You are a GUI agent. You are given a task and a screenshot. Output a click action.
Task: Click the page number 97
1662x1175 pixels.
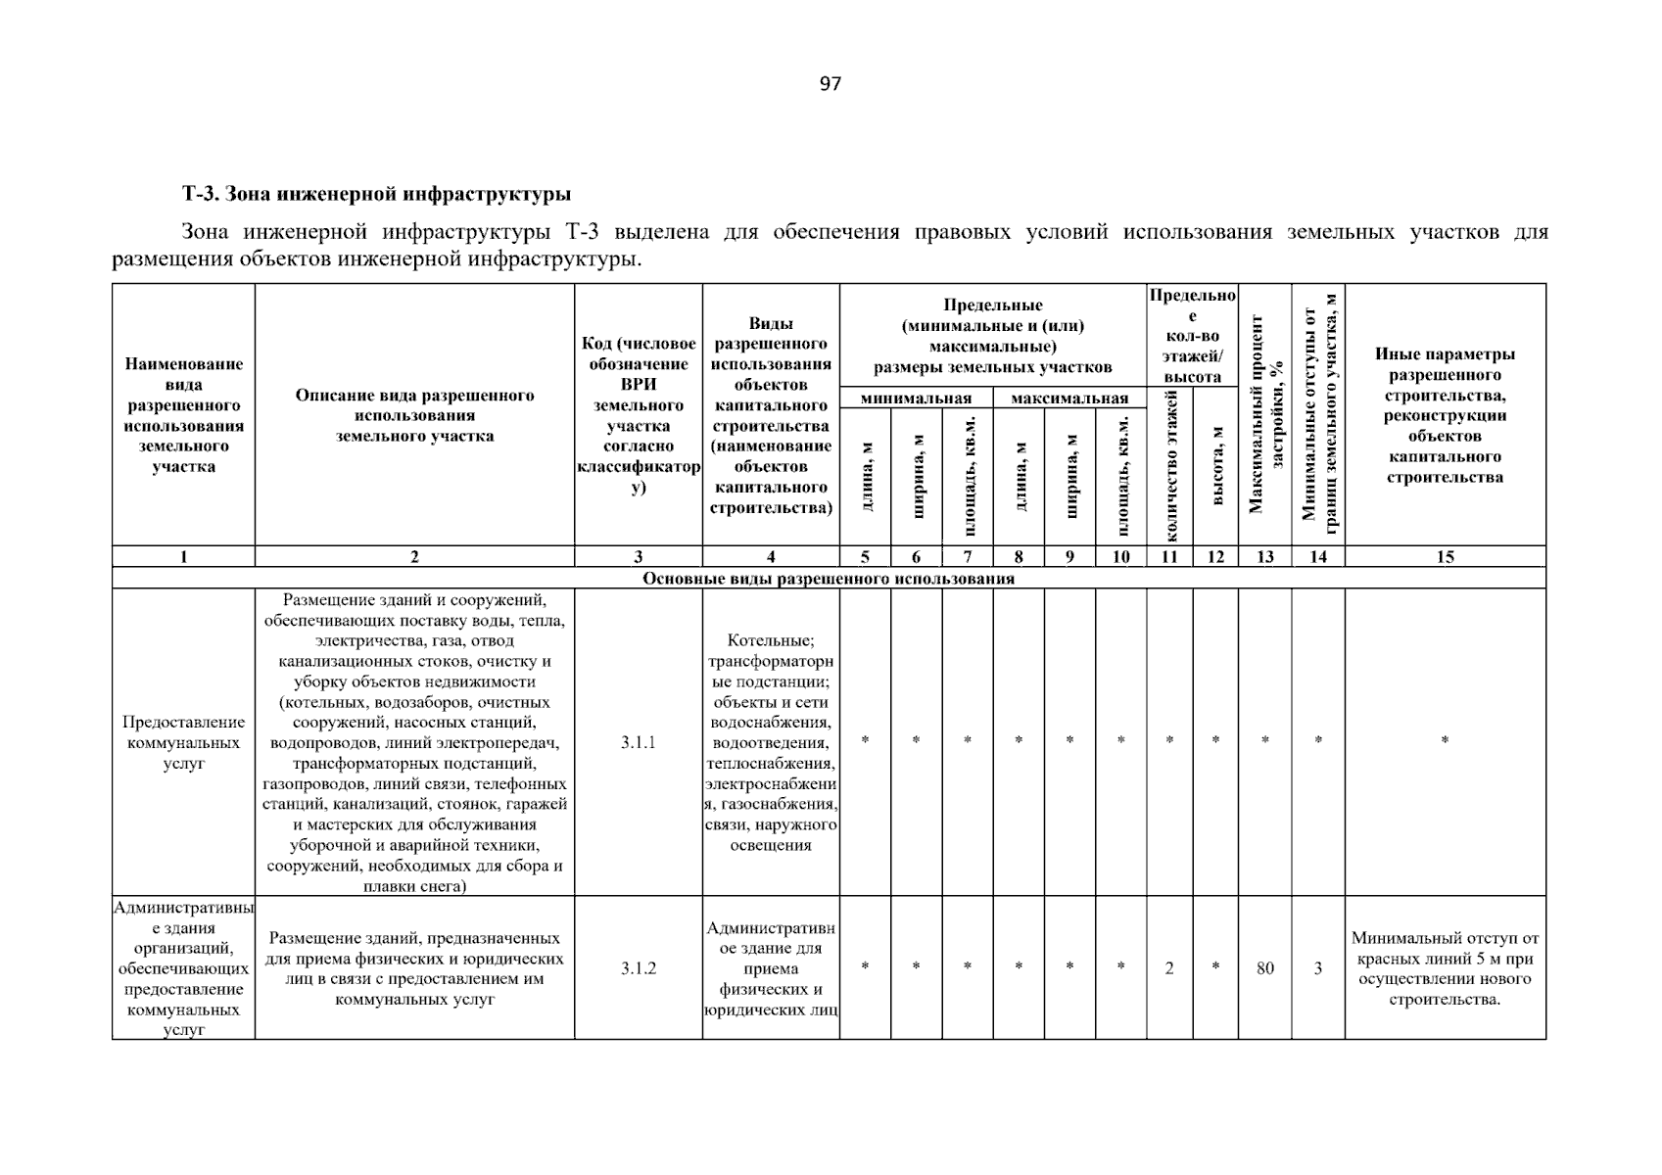click(x=830, y=84)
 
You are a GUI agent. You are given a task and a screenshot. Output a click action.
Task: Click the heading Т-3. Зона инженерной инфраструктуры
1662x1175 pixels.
click(x=377, y=194)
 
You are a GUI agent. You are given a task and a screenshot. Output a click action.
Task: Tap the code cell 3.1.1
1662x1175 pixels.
click(x=638, y=742)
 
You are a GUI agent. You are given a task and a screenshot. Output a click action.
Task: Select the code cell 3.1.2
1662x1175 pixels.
click(x=638, y=968)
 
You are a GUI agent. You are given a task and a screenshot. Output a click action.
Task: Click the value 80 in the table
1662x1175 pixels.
click(x=1265, y=968)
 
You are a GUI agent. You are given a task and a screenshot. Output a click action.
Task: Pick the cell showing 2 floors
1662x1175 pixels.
click(x=1169, y=968)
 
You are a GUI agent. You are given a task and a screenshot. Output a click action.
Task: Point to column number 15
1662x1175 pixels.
click(x=1445, y=557)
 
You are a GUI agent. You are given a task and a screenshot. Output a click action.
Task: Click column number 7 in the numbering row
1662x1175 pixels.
click(x=968, y=557)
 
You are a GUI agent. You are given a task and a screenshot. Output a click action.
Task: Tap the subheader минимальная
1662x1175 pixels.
click(x=916, y=399)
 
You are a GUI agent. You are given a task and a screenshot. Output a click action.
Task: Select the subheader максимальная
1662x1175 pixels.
click(x=1069, y=399)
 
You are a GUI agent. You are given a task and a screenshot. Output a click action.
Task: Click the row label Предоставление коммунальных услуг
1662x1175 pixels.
click(x=183, y=742)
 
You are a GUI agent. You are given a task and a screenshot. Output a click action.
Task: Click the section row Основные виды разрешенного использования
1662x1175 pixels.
click(x=828, y=579)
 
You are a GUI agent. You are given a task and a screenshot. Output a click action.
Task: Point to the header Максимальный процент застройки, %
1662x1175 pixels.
click(x=1265, y=414)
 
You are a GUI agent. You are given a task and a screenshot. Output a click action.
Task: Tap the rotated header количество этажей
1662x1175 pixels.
click(x=1169, y=465)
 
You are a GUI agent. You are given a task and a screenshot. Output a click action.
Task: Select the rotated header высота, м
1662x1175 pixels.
click(x=1215, y=465)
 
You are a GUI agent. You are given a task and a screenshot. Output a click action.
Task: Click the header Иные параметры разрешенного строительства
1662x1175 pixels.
click(x=1445, y=415)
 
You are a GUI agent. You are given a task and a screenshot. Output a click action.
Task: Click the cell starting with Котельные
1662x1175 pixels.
click(x=771, y=742)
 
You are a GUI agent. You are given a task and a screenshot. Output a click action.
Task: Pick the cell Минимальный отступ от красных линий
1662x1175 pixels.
click(x=1445, y=968)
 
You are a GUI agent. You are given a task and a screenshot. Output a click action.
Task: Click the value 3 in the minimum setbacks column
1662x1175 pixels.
click(x=1318, y=968)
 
